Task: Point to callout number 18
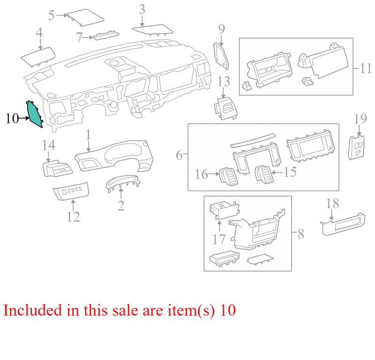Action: point(332,203)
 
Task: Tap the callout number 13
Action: point(224,82)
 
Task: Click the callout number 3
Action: point(142,9)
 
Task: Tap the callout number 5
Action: point(51,15)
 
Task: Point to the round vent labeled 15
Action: point(262,175)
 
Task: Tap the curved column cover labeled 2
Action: point(123,184)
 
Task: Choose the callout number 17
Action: point(219,240)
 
